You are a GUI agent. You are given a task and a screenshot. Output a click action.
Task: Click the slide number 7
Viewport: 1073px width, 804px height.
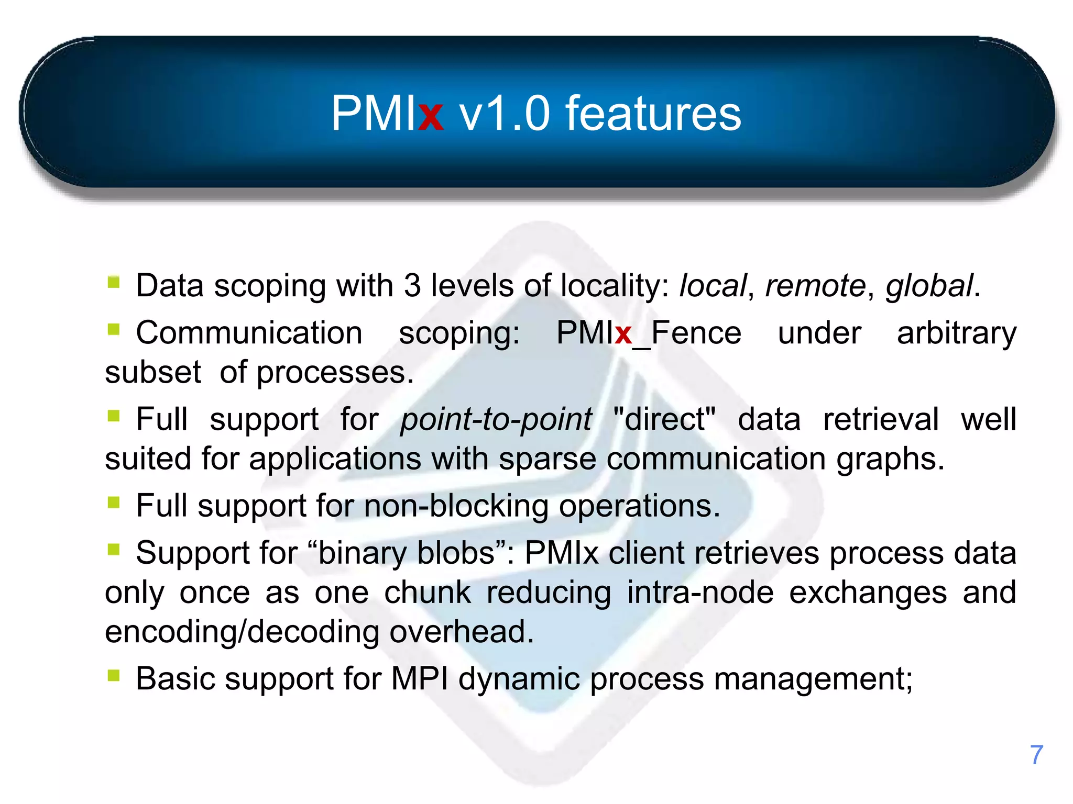1036,755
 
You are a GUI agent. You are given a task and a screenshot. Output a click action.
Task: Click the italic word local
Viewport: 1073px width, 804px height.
712,286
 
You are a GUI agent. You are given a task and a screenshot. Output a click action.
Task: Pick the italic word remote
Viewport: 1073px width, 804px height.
815,286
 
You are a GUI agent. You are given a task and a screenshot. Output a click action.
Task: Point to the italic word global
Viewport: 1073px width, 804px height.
929,287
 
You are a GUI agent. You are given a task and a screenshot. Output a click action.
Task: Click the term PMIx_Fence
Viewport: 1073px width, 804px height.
649,333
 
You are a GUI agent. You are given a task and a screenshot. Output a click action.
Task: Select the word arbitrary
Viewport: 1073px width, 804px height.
956,334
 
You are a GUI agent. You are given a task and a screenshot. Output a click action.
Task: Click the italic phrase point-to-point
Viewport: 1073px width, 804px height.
496,420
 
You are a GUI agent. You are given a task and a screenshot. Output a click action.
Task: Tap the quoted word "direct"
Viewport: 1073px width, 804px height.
664,419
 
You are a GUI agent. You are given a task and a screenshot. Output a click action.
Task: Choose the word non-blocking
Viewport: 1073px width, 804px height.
456,506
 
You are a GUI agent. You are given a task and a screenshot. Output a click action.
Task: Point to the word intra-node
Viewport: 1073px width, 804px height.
700,593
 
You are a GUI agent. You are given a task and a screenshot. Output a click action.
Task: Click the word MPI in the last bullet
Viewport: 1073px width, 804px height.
419,679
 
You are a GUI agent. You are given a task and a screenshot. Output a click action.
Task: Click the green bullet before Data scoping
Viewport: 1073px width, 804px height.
114,282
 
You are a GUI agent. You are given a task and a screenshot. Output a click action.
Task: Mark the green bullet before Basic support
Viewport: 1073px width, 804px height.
114,675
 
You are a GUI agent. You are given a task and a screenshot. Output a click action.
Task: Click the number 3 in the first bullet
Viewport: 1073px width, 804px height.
412,286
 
